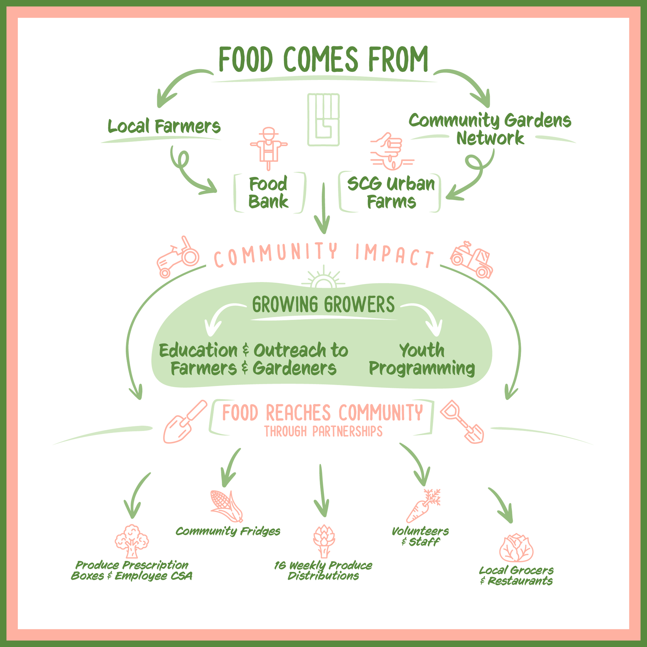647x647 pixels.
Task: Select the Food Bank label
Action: click(268, 193)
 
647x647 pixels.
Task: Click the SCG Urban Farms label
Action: click(391, 193)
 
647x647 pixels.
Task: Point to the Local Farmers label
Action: click(164, 126)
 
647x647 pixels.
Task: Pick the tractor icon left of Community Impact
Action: click(178, 256)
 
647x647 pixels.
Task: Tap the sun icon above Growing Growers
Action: click(323, 278)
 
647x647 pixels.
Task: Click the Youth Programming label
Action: click(422, 359)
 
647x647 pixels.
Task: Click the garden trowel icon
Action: click(185, 422)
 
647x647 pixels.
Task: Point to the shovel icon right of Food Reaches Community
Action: click(462, 422)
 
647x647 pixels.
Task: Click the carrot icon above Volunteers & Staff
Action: click(423, 505)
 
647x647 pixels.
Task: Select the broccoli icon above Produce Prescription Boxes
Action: click(132, 541)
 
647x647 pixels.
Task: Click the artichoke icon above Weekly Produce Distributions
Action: click(324, 541)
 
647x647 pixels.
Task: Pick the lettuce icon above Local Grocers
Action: click(516, 548)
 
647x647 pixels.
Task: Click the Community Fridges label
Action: click(228, 531)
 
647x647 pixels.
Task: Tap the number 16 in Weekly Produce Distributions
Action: click(280, 565)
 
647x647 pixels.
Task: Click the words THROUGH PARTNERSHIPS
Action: click(323, 432)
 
